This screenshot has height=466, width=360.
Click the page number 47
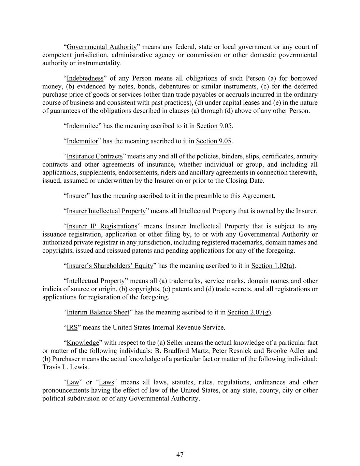pyautogui.click(x=180, y=454)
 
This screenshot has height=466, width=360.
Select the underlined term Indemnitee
pyautogui.click(x=82, y=126)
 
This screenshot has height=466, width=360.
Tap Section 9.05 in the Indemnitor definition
pyautogui.click(x=214, y=141)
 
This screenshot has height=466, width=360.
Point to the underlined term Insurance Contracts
pyautogui.click(x=95, y=156)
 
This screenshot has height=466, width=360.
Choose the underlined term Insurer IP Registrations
pyautogui.click(x=102, y=226)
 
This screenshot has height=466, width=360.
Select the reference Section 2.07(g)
pyautogui.click(x=249, y=312)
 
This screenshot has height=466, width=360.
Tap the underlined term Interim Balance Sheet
pyautogui.click(x=98, y=312)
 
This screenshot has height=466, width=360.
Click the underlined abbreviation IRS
pyautogui.click(x=72, y=327)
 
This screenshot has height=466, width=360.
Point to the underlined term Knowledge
pyautogui.click(x=83, y=342)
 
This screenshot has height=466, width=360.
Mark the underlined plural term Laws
pyautogui.click(x=106, y=382)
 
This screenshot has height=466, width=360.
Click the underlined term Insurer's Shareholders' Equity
pyautogui.click(x=110, y=266)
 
